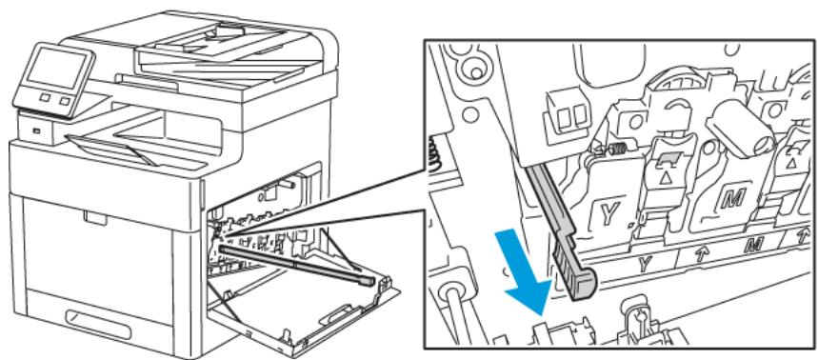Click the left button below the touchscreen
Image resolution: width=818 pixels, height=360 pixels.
point(44,99)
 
